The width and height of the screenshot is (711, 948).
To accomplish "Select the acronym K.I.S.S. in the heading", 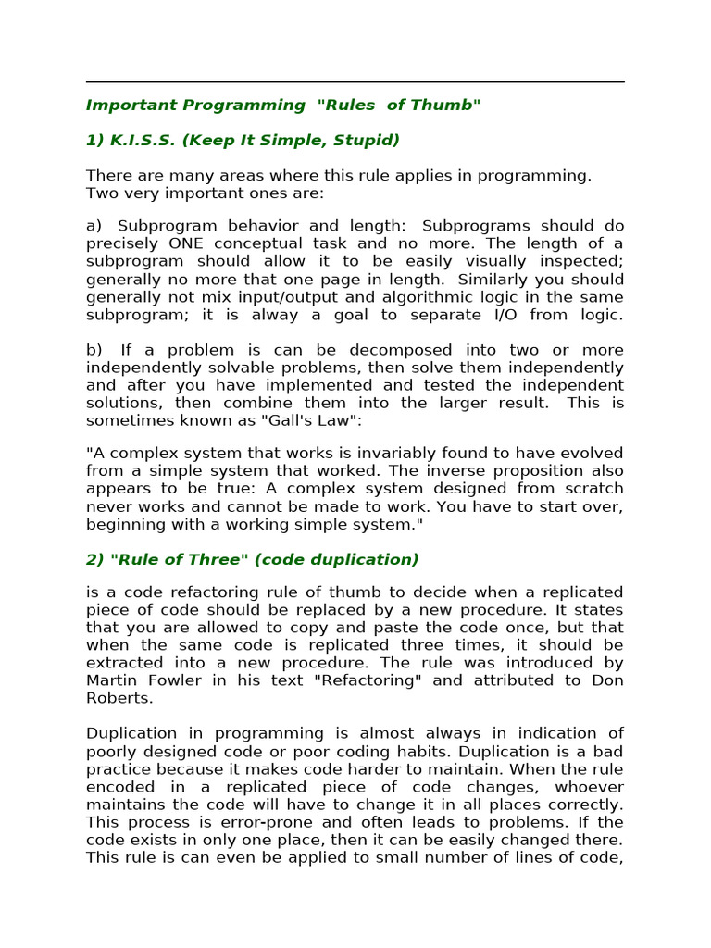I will point(143,140).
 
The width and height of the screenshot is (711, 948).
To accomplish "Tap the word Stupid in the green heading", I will point(368,140).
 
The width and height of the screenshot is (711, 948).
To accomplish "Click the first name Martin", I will point(112,680).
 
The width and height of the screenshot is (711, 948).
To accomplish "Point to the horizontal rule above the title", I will point(355,81).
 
